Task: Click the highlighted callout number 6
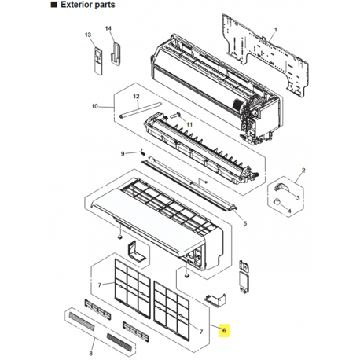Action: tap(224, 330)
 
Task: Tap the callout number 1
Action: tap(275, 30)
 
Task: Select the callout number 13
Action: tap(88, 35)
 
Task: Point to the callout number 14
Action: tap(108, 28)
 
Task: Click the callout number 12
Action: tap(136, 97)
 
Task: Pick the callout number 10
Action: tap(95, 106)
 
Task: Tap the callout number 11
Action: tap(189, 124)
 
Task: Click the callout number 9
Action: tap(123, 153)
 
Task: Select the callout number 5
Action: tap(245, 223)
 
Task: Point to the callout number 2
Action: tap(303, 171)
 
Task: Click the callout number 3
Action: tap(298, 197)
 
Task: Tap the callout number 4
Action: tap(289, 211)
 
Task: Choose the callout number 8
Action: tap(91, 354)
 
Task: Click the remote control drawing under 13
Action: tap(98, 61)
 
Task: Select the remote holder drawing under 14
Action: tap(116, 53)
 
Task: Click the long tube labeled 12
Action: tap(140, 110)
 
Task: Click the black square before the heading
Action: tap(53, 5)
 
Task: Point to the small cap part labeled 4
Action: tap(277, 201)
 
